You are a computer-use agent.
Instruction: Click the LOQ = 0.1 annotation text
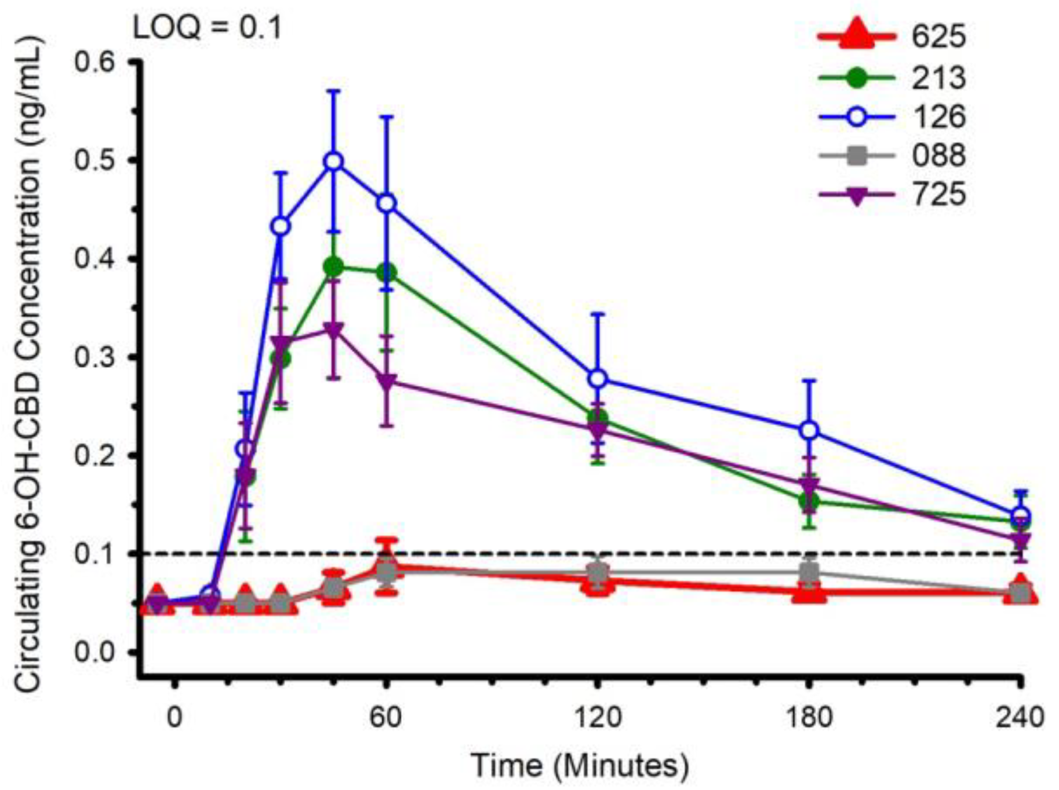click(208, 27)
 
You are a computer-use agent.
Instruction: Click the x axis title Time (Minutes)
click(580, 766)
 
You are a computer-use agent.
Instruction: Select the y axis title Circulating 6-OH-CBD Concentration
click(29, 365)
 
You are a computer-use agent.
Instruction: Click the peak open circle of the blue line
click(333, 162)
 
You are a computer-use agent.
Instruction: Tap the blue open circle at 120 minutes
click(598, 379)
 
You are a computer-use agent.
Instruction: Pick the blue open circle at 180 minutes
click(809, 430)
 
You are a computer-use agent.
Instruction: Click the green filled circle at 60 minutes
click(387, 272)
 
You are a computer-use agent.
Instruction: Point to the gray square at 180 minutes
click(809, 573)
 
